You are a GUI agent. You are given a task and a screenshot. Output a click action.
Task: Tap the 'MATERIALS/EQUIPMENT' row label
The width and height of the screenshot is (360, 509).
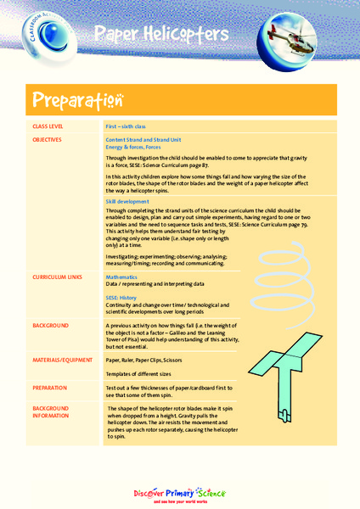(x=63, y=360)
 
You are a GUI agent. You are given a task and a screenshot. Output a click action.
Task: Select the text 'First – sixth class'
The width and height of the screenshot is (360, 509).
(x=126, y=126)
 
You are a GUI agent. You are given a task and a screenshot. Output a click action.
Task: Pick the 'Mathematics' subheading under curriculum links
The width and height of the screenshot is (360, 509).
(x=121, y=277)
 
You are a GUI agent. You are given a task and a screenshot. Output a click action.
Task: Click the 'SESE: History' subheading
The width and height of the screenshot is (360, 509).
(x=123, y=299)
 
